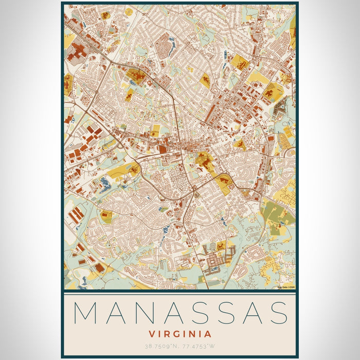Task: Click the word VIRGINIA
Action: (179, 334)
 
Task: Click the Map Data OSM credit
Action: (286, 287)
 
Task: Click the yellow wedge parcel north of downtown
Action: (205, 80)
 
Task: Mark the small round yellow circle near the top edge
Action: (129, 11)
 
